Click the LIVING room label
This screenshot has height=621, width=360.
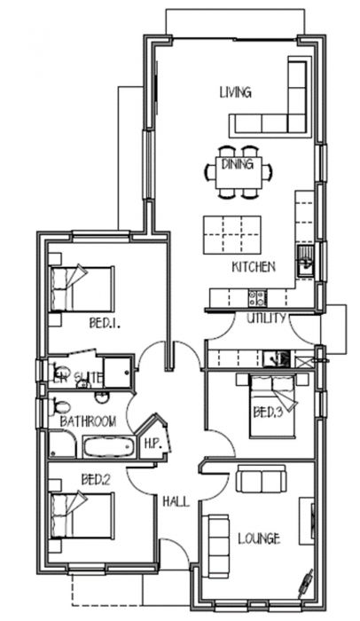(235, 91)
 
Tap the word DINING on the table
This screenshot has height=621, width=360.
(238, 164)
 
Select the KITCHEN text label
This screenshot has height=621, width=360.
(254, 266)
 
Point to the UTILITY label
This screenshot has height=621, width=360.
(265, 318)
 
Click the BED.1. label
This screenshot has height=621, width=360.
(104, 324)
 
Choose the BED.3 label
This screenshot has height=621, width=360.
(266, 412)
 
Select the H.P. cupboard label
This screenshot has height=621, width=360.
(151, 442)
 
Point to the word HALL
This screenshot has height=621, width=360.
(175, 502)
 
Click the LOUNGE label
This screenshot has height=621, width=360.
(259, 538)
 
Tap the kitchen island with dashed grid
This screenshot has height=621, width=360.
(232, 232)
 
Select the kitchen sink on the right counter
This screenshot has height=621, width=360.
(305, 261)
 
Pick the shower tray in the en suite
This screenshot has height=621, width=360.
(117, 372)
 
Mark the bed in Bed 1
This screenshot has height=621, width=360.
(82, 287)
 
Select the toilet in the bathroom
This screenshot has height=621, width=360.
(59, 409)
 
